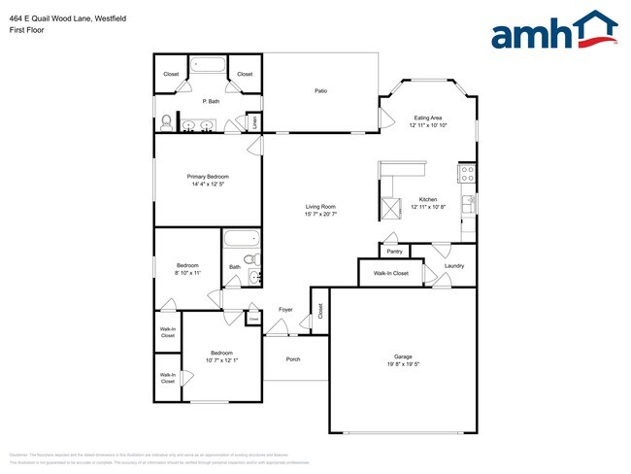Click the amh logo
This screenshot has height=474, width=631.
click(554, 31)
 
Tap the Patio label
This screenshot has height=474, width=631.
click(320, 91)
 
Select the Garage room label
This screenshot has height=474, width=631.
click(403, 357)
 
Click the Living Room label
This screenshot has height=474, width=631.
click(320, 206)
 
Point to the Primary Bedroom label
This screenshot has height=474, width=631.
click(208, 176)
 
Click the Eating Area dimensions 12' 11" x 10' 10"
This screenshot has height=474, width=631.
click(428, 125)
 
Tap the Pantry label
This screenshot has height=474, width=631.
click(394, 251)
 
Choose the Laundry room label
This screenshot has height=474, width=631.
click(454, 265)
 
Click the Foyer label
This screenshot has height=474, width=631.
click(285, 310)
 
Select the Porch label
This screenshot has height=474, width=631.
click(293, 360)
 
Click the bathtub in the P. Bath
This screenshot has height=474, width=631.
click(208, 67)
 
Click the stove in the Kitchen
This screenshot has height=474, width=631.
click(466, 175)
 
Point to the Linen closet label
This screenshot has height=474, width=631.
click(254, 123)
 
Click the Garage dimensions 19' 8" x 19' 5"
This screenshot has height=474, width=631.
click(403, 365)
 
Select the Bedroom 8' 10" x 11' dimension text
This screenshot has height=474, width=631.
click(187, 273)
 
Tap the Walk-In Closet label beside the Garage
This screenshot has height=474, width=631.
click(384, 273)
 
